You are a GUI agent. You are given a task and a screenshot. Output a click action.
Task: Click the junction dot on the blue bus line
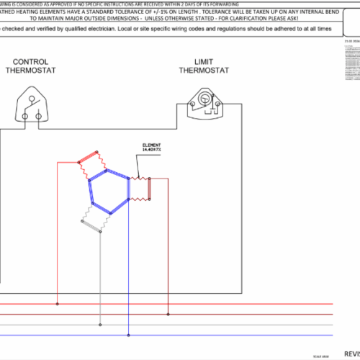[128, 334]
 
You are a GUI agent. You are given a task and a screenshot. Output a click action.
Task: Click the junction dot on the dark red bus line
[168, 314]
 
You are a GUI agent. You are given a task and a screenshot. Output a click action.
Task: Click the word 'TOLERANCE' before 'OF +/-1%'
[133, 13]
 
